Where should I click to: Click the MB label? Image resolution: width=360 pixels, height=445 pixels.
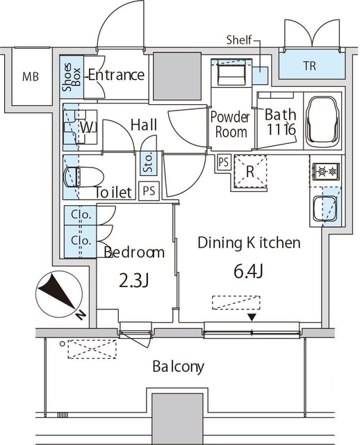(31, 76)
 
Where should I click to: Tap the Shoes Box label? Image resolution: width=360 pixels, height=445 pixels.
(72, 77)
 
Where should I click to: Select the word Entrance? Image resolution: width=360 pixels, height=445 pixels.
(116, 75)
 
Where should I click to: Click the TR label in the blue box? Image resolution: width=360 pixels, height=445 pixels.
(309, 66)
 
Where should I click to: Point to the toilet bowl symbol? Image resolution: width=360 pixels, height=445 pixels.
(83, 177)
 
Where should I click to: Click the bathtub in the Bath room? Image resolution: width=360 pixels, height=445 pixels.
(323, 120)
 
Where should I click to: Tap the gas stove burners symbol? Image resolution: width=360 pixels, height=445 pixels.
(326, 172)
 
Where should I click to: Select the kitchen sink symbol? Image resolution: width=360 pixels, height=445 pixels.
(325, 209)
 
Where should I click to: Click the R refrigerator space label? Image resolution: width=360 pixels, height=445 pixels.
(250, 172)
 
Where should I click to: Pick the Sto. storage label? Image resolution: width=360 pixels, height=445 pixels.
(148, 163)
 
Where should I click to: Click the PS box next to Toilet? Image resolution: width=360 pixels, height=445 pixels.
(149, 191)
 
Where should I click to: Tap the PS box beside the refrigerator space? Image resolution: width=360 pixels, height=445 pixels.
(224, 162)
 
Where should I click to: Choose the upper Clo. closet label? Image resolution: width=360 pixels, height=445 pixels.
(81, 215)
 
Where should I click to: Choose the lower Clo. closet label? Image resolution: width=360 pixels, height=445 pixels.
(81, 241)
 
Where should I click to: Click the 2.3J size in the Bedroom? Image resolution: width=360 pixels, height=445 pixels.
(133, 281)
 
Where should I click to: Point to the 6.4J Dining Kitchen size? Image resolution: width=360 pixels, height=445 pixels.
(249, 271)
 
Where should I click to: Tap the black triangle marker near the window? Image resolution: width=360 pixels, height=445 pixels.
(252, 317)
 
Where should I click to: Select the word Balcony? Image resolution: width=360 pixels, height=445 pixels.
(178, 366)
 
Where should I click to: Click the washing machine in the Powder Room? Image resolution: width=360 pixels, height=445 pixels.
(231, 72)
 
